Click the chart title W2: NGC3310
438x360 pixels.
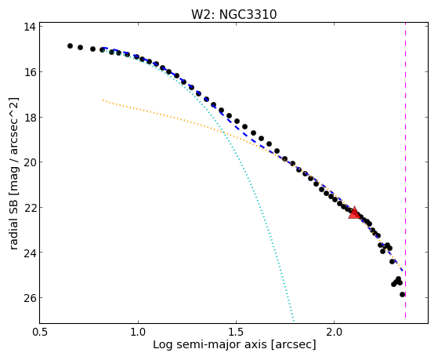(233, 14)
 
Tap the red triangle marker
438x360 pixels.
(354, 213)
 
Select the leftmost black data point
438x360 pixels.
(70, 45)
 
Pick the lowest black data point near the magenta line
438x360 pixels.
(402, 294)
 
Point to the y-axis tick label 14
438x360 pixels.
(30, 27)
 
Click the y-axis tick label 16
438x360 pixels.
(30, 72)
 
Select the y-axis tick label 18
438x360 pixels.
(30, 117)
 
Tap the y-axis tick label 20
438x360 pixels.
(30, 162)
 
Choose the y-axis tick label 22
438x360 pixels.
(30, 208)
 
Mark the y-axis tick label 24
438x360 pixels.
(30, 253)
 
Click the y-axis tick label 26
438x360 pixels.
(30, 298)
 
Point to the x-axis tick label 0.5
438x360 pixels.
(40, 332)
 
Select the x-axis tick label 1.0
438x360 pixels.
(138, 332)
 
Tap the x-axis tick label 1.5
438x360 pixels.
(237, 332)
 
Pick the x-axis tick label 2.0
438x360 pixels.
(335, 332)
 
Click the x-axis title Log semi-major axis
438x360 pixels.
(210, 344)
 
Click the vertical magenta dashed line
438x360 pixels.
(405, 171)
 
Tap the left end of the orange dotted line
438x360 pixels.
(103, 100)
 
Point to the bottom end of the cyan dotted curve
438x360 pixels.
(294, 321)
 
